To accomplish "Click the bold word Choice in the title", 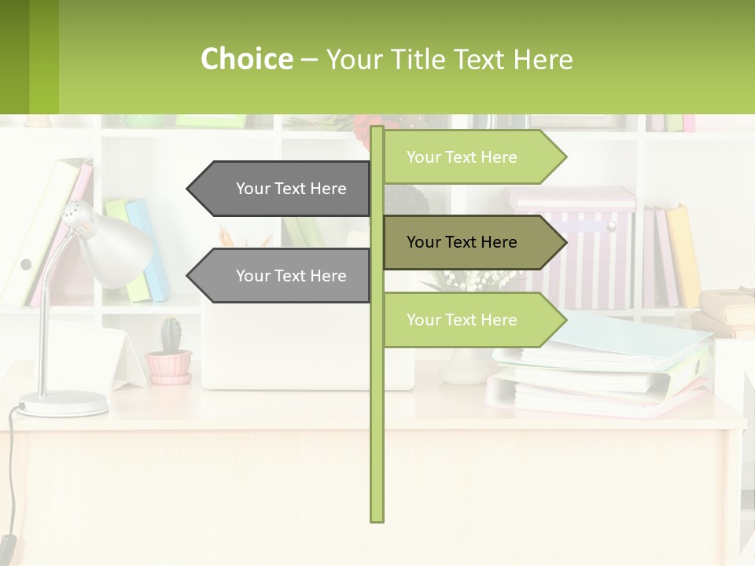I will [x=246, y=59].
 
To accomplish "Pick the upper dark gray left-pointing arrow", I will [x=283, y=189].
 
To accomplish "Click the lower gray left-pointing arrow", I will [x=283, y=276].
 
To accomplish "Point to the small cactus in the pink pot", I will [x=171, y=336].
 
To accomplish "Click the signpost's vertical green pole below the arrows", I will [x=377, y=440].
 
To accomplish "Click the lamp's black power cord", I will [x=9, y=472].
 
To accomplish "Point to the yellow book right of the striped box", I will [x=684, y=255].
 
